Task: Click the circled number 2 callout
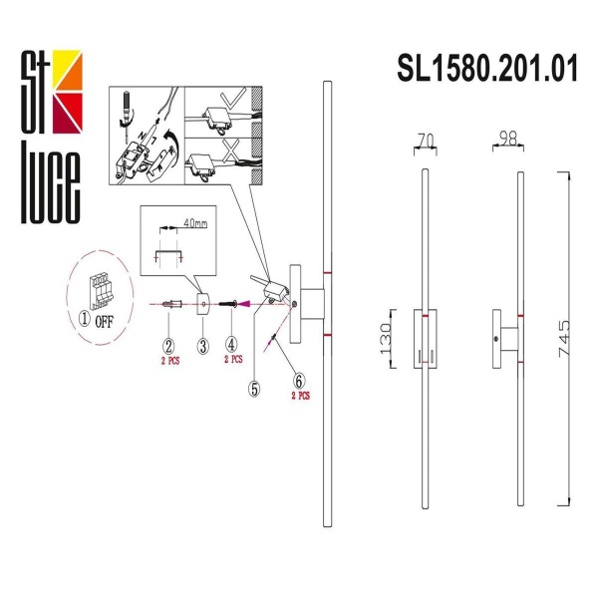pyautogui.click(x=169, y=347)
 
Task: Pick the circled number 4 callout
pyautogui.click(x=232, y=347)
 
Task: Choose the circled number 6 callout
pyautogui.click(x=298, y=380)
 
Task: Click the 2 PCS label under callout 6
pyautogui.click(x=299, y=396)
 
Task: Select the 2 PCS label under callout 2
pyautogui.click(x=169, y=362)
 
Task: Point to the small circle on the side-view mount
pyautogui.click(x=497, y=341)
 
